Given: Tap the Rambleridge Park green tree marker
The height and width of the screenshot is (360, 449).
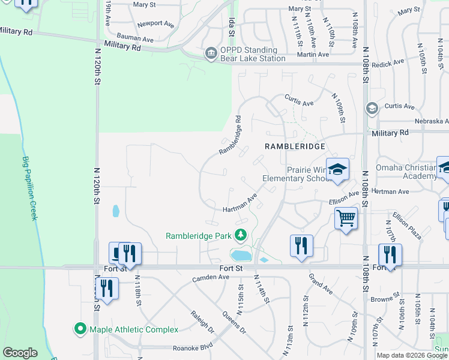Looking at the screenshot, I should coord(241,235).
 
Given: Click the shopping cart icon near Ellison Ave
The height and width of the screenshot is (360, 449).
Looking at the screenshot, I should coord(346,218).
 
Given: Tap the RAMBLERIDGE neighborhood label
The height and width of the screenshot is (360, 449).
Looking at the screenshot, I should coord(295,146).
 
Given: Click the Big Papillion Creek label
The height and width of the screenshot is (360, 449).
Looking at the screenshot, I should coord(29,188).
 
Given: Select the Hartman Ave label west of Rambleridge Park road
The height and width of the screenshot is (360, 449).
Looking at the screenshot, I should coord(240,203).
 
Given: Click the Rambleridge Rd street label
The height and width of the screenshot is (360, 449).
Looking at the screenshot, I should coord(230,136).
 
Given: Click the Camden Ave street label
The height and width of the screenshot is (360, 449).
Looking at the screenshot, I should coord(211,278).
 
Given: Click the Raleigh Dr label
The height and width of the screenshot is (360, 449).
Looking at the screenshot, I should coord(202,322).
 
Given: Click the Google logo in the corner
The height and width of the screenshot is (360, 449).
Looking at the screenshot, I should coord(20,353).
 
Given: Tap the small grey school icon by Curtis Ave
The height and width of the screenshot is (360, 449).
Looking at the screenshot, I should coord(372,109).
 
